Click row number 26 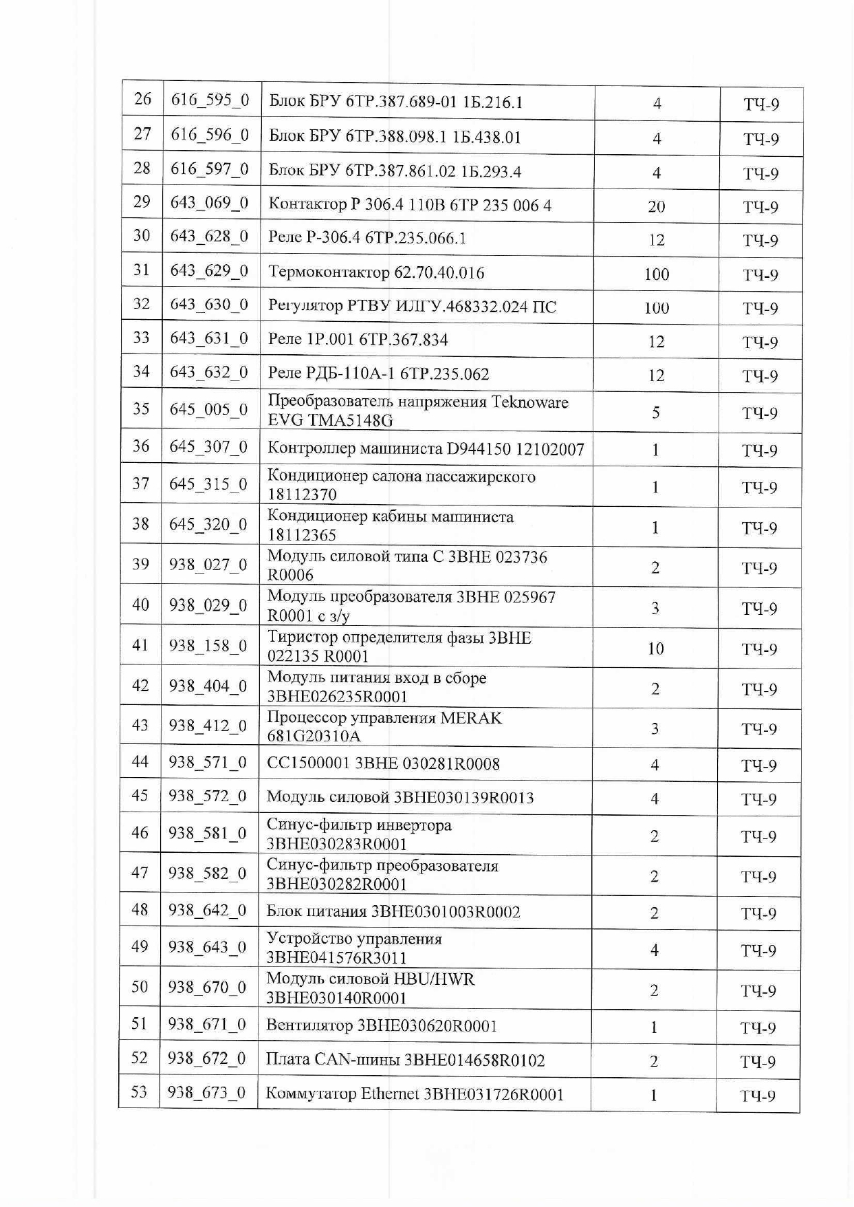pyautogui.click(x=142, y=99)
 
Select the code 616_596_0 pyautogui.click(x=210, y=134)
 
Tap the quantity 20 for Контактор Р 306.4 pyautogui.click(x=656, y=206)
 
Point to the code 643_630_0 pyautogui.click(x=209, y=304)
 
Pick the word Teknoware pyautogui.click(x=530, y=402)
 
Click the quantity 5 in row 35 pyautogui.click(x=655, y=412)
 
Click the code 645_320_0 pyautogui.click(x=208, y=525)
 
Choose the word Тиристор pyautogui.click(x=300, y=638)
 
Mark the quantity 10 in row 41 pyautogui.click(x=655, y=649)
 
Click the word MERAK pyautogui.click(x=471, y=718)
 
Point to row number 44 pyautogui.click(x=140, y=761)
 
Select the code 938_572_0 pyautogui.click(x=208, y=796)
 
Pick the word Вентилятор pyautogui.click(x=309, y=1025)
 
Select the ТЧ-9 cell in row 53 pyautogui.click(x=758, y=1096)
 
